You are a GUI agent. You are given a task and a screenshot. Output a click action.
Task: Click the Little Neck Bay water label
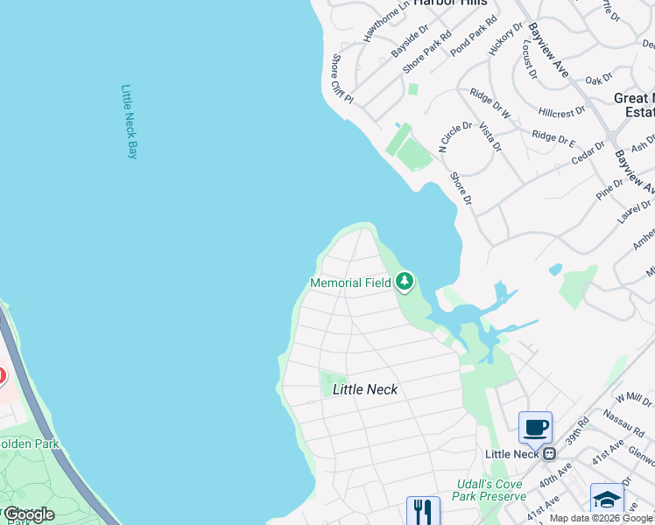(130, 122)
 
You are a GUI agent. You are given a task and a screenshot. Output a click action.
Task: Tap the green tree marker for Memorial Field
(404, 282)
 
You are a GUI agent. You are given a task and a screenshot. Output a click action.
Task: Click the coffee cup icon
(535, 428)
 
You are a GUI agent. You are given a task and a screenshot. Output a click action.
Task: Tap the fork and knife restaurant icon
(423, 511)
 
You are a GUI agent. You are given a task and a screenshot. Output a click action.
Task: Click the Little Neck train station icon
(550, 453)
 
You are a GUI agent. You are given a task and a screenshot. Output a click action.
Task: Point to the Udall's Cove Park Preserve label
(491, 490)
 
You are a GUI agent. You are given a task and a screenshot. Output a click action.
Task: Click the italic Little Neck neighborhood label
(365, 389)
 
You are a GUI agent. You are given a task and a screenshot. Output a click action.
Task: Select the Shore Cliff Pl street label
(341, 79)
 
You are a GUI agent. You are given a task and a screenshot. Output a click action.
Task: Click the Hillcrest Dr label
(562, 113)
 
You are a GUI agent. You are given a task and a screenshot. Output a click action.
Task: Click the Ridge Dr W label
(489, 102)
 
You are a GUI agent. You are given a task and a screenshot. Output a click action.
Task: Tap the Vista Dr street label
(489, 137)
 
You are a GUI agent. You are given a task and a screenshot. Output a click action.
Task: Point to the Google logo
(29, 514)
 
